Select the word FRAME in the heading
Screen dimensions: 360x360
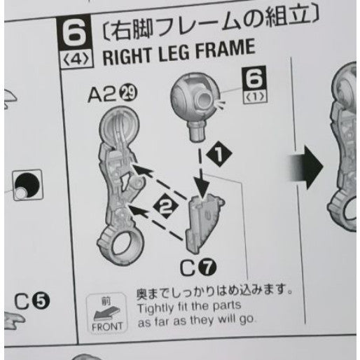click(x=226, y=50)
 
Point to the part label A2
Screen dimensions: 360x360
click(x=103, y=95)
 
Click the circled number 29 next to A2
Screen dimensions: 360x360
click(x=129, y=93)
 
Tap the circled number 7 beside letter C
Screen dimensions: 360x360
click(x=207, y=268)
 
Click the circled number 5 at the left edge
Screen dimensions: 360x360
click(x=41, y=301)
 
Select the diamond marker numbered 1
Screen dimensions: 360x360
click(x=219, y=154)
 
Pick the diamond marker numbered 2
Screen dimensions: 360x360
click(x=166, y=206)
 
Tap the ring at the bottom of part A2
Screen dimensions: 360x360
click(x=121, y=247)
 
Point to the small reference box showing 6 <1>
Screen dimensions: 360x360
click(x=255, y=85)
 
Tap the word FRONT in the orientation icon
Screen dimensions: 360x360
click(x=107, y=326)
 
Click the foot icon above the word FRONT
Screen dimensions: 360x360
click(x=106, y=313)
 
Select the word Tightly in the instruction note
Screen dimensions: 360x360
click(x=155, y=308)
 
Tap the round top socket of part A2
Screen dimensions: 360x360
click(x=119, y=126)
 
